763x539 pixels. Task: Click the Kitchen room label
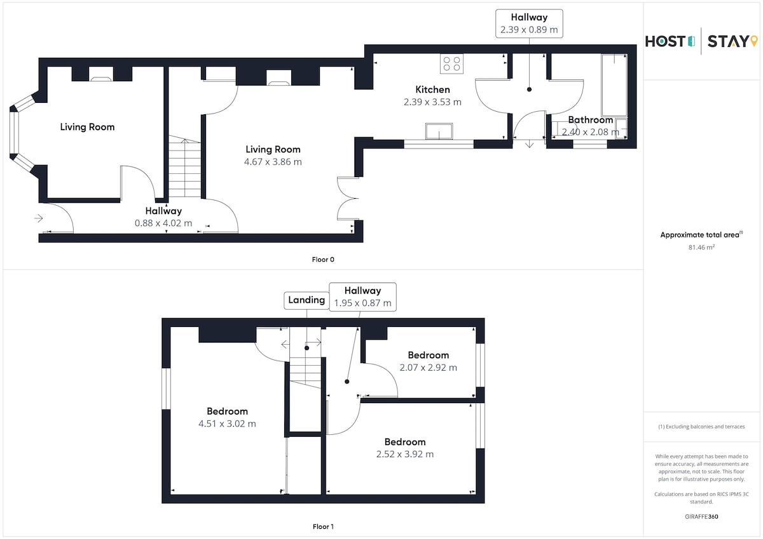(432, 90)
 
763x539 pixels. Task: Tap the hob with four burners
(451, 63)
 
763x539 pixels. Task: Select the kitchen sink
(439, 131)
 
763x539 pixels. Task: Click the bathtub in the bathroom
(614, 85)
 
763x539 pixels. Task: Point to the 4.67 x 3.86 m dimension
(273, 162)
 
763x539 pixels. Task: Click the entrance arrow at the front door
(39, 218)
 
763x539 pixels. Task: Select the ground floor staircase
(184, 166)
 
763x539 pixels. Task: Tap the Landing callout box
(306, 300)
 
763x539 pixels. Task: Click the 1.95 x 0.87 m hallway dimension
(363, 303)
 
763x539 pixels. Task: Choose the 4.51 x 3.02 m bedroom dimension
(227, 423)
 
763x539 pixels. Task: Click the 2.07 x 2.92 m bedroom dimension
(428, 368)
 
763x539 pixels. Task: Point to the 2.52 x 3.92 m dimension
(405, 455)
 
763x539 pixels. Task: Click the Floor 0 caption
(323, 260)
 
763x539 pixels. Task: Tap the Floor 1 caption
(323, 526)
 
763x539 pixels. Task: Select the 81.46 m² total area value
(701, 247)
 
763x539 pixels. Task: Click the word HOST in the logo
(665, 41)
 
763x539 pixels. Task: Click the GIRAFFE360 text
(701, 517)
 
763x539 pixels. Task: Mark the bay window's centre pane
(14, 132)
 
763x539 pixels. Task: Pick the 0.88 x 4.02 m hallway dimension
(163, 223)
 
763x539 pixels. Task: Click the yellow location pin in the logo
(754, 41)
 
